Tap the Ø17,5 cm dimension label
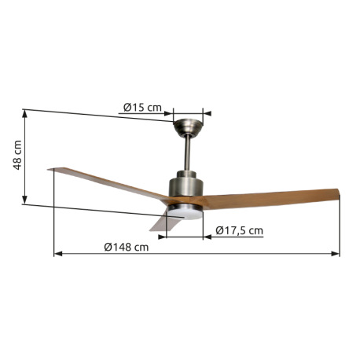pyautogui.click(x=239, y=230)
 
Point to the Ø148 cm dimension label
pyautogui.click(x=126, y=248)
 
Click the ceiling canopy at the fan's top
pyautogui.click(x=187, y=125)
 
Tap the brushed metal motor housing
pyautogui.click(x=187, y=191)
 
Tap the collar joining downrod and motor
pyautogui.click(x=187, y=174)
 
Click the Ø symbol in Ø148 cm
pyautogui.click(x=108, y=248)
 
